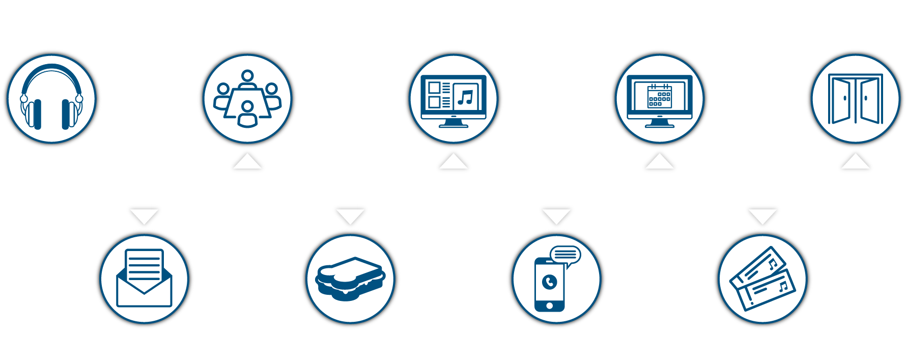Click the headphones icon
tap(51, 98)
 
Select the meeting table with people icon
tap(247, 98)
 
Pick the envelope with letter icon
tap(145, 279)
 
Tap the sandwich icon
tap(350, 279)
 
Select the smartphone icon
tap(550, 284)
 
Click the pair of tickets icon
tap(762, 279)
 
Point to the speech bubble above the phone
tap(565, 255)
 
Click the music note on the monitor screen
tap(465, 97)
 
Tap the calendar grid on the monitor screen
tap(660, 96)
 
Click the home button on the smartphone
tap(550, 306)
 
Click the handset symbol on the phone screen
tap(550, 281)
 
